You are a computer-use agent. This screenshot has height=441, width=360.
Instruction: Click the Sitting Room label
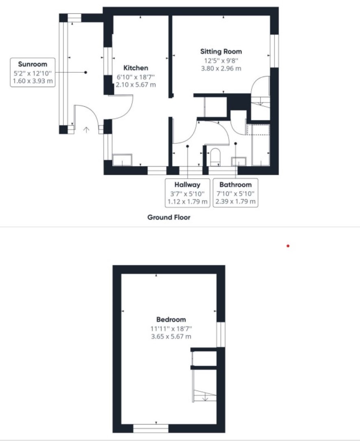[x=221, y=52]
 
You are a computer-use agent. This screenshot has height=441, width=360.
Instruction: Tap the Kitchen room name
[x=136, y=68]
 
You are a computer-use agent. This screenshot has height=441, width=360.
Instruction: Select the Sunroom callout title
[x=33, y=64]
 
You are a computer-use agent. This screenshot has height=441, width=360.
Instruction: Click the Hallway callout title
[x=187, y=185]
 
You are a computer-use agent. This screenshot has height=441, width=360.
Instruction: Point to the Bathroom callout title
[x=236, y=185]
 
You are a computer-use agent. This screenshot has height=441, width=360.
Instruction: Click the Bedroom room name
[x=171, y=320]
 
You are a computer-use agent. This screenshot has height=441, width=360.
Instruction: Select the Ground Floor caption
[x=169, y=217]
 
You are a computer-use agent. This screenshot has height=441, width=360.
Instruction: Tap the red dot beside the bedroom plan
[x=288, y=246]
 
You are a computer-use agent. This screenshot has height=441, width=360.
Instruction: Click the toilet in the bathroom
[x=215, y=157]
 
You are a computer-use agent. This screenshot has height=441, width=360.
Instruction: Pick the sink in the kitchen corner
[x=122, y=160]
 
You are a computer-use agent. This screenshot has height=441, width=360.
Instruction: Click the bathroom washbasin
[x=239, y=162]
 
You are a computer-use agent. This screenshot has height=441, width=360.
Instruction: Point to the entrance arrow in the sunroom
[x=86, y=130]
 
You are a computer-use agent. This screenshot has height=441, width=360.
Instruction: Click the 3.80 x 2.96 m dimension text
[x=221, y=68]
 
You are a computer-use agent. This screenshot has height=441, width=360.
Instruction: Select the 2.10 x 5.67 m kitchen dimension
[x=136, y=84]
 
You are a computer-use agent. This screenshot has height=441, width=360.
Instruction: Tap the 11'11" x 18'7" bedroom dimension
[x=171, y=329]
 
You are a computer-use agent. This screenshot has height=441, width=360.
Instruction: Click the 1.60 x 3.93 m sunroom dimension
[x=33, y=81]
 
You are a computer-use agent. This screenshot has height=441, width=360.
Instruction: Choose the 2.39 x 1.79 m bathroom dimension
[x=236, y=202]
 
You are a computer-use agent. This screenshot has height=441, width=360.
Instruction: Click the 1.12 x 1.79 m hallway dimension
[x=187, y=202]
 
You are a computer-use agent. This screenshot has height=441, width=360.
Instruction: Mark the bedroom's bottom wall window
[x=151, y=428]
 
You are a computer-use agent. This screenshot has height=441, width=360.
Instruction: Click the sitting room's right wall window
[x=274, y=51]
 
